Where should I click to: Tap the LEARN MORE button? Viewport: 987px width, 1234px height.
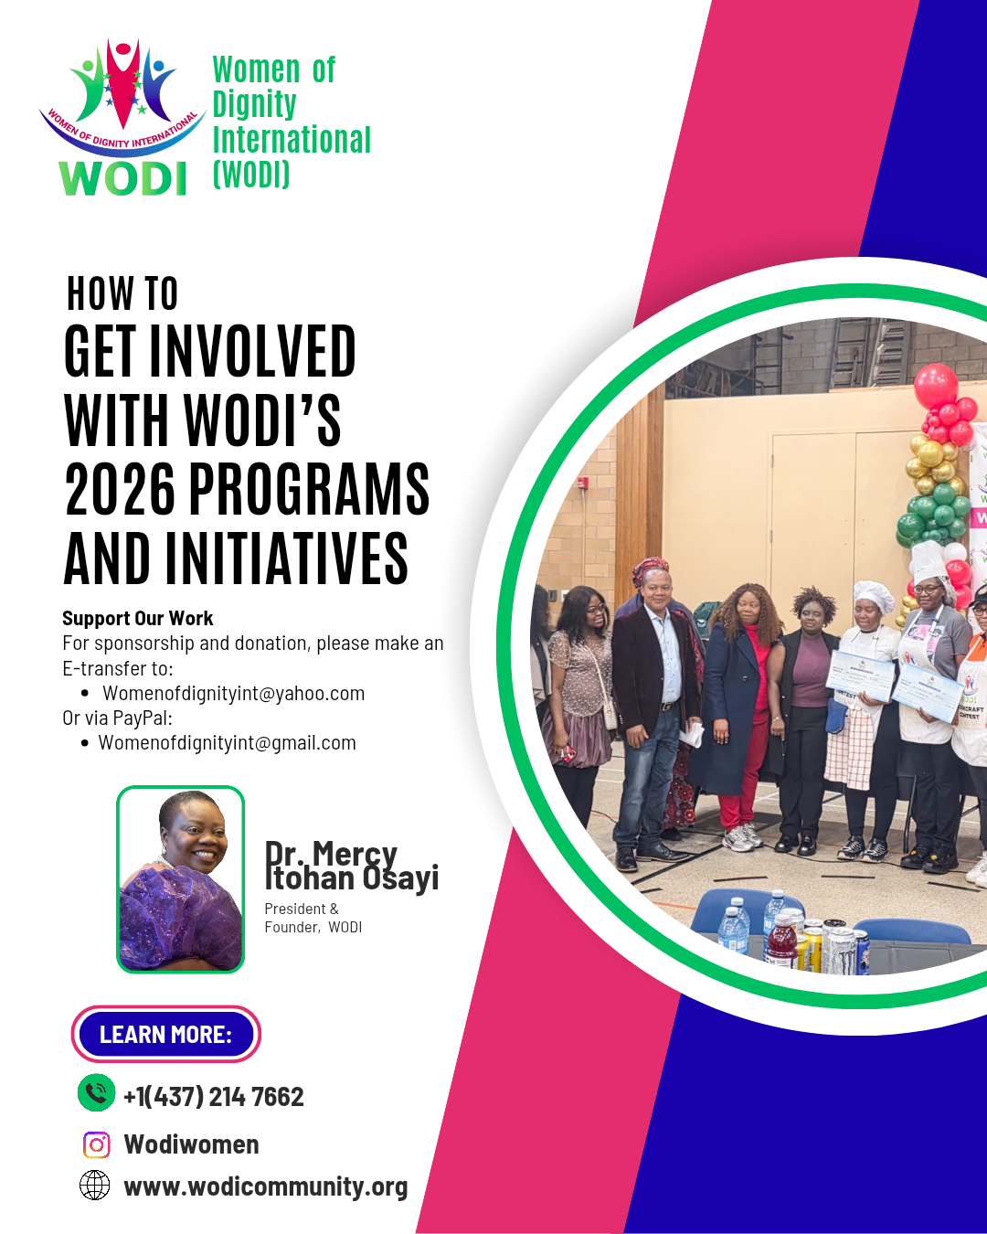(165, 1034)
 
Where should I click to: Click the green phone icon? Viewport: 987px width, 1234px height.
(96, 1093)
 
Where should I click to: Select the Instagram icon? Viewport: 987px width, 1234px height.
(96, 1144)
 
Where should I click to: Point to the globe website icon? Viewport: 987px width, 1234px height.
(95, 1186)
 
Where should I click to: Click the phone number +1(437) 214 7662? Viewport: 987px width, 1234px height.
(213, 1096)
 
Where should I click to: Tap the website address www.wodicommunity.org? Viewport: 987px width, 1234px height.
(266, 1186)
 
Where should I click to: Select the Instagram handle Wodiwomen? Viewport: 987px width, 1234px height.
(192, 1144)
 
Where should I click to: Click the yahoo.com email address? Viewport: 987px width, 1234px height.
(233, 693)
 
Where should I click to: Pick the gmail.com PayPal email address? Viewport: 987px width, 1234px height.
(227, 742)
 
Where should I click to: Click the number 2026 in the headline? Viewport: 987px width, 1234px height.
(120, 490)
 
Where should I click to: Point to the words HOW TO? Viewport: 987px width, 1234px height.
(122, 294)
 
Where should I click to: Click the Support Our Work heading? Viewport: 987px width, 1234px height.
(137, 619)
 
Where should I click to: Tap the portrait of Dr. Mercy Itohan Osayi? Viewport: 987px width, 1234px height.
(181, 878)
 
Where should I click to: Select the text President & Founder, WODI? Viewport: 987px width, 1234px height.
(313, 918)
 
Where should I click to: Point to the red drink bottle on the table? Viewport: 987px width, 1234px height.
(782, 941)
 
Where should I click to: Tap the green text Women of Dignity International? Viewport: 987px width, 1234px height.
(291, 121)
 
